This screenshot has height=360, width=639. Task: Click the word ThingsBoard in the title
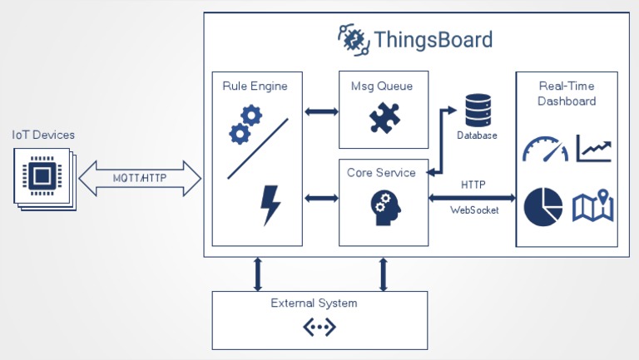(x=433, y=40)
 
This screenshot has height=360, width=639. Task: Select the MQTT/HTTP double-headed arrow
(x=140, y=178)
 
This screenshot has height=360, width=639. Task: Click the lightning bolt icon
(x=270, y=205)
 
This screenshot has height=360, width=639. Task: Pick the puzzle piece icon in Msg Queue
(x=384, y=117)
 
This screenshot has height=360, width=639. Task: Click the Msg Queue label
(x=383, y=86)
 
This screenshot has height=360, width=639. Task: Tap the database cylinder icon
(x=478, y=109)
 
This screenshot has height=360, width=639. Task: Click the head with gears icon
(x=383, y=208)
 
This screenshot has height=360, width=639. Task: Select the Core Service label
(x=382, y=173)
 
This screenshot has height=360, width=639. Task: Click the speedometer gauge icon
(x=545, y=149)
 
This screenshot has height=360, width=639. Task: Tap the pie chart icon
(x=543, y=206)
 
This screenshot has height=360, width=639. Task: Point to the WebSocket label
(x=474, y=210)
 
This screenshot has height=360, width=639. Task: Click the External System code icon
(x=319, y=327)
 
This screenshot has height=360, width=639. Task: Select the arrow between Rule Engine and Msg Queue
(x=320, y=110)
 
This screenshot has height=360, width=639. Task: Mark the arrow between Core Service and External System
(x=384, y=274)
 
